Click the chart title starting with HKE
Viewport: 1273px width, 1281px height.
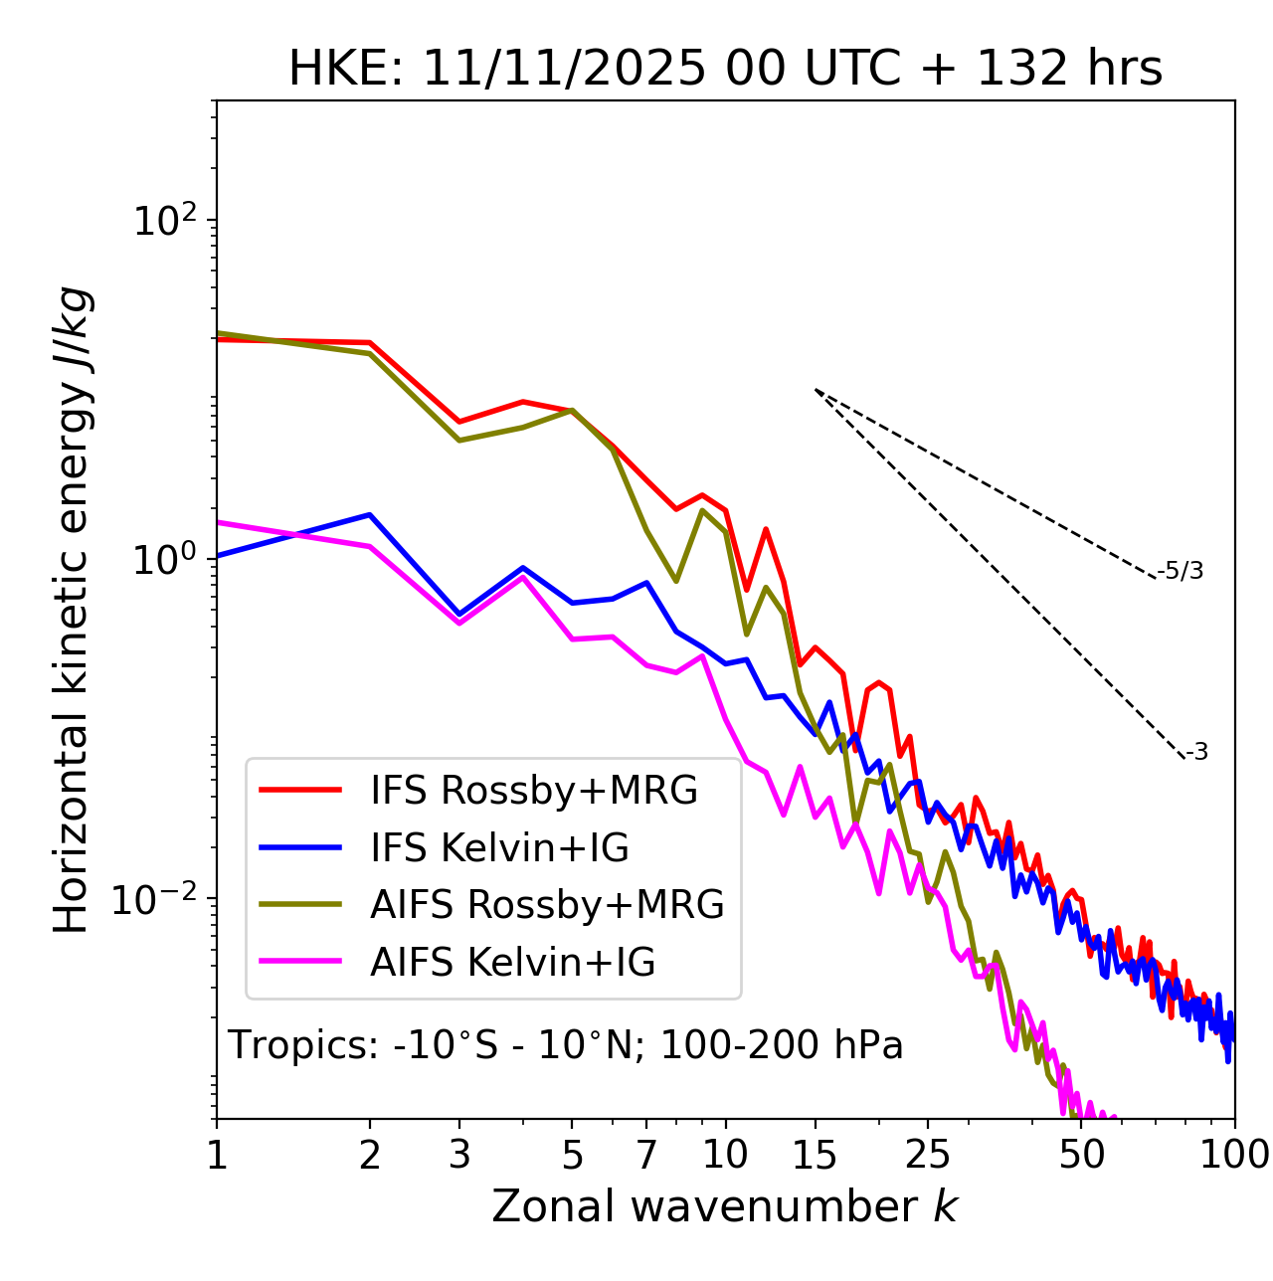tap(725, 70)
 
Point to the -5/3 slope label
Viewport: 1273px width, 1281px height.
tap(1181, 571)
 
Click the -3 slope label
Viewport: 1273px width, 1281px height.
tap(1197, 753)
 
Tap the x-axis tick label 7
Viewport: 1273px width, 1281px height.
tap(647, 1155)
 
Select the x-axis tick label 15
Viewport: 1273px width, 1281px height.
tap(815, 1155)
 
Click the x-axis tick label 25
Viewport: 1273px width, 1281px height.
tap(928, 1155)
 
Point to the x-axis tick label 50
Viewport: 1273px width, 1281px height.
tap(1081, 1155)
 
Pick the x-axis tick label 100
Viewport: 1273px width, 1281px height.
tap(1233, 1155)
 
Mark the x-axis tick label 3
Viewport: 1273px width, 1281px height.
tap(459, 1155)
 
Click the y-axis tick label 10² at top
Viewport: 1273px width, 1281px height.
tap(163, 221)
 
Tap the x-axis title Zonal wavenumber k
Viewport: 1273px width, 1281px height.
tap(725, 1206)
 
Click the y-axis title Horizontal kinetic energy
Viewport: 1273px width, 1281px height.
tap(73, 611)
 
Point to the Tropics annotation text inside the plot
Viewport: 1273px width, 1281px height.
tap(566, 1046)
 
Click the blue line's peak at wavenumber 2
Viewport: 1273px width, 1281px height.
tap(370, 515)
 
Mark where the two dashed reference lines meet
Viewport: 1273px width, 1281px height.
tap(815, 390)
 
